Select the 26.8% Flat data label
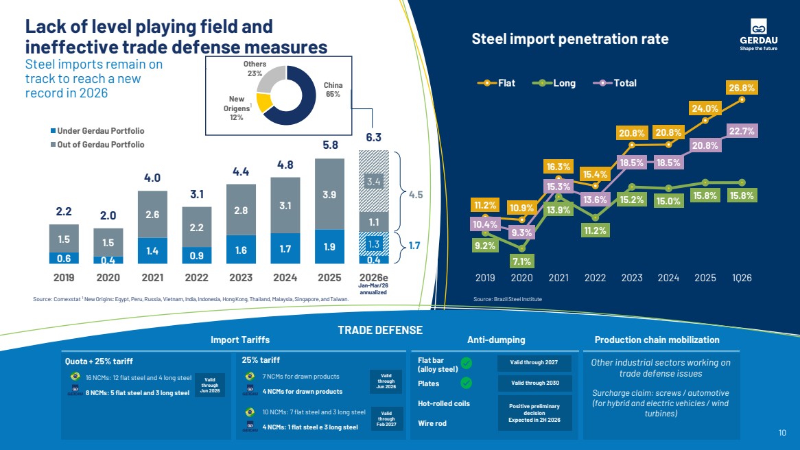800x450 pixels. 742,88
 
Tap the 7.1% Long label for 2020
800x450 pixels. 522,261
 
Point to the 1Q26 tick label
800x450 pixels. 742,278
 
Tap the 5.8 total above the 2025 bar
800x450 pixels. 330,145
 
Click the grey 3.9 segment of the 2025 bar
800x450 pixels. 330,195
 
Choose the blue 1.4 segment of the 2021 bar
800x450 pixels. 153,251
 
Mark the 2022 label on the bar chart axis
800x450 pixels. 196,278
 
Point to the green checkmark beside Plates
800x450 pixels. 466,383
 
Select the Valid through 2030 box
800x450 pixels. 534,383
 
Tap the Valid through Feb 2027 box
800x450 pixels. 386,417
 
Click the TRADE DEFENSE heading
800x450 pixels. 380,331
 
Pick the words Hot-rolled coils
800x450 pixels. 444,403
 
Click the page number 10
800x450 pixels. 782,433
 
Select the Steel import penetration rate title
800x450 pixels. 569,39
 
